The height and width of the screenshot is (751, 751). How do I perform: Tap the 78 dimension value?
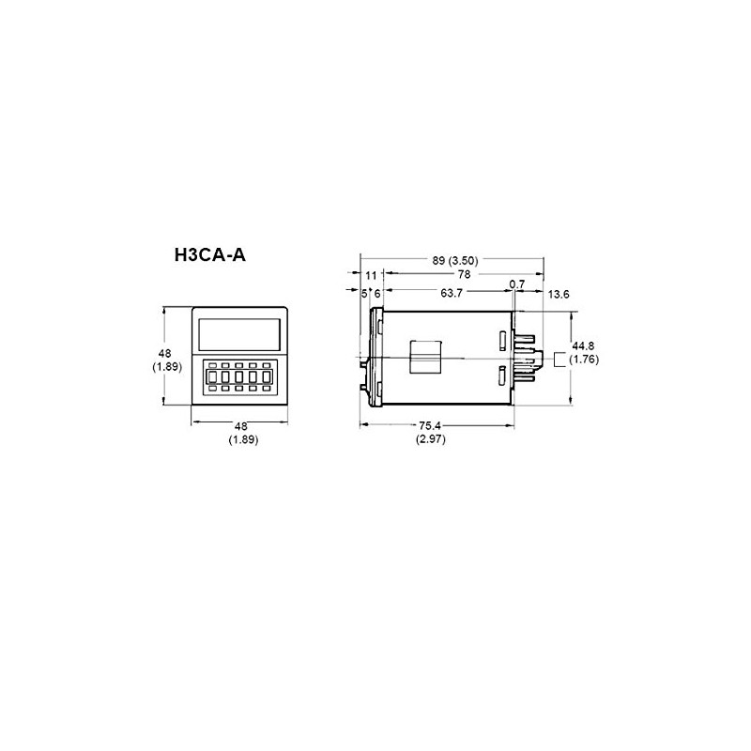click(x=464, y=275)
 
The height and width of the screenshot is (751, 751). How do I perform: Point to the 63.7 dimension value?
click(x=452, y=294)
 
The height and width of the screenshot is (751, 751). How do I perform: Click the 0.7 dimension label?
click(x=516, y=284)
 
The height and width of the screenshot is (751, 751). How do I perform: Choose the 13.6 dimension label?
click(x=559, y=294)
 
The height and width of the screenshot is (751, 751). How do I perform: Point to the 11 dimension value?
click(x=371, y=275)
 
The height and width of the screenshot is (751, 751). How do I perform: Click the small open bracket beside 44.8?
click(x=559, y=358)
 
